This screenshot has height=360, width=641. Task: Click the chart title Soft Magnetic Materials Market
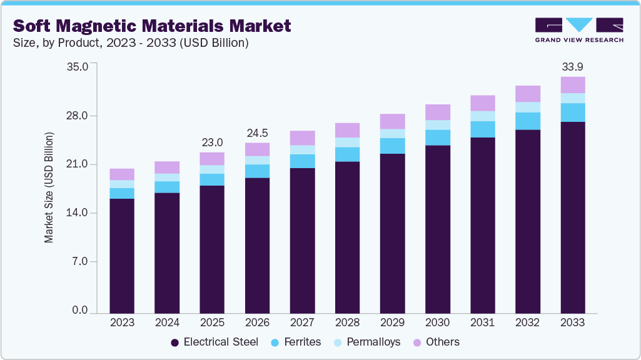click(152, 26)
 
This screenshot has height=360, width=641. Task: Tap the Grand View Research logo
click(578, 30)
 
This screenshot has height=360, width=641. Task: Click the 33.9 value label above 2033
click(572, 66)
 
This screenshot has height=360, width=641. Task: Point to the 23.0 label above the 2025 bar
click(212, 142)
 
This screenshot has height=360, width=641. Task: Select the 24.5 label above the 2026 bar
click(257, 132)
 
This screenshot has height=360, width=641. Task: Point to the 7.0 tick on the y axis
click(81, 262)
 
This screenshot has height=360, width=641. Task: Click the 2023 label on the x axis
click(122, 322)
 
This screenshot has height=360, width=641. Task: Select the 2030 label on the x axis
click(437, 322)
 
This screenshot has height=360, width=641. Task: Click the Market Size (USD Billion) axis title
click(49, 187)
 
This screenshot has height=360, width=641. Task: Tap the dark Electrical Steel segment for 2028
click(347, 237)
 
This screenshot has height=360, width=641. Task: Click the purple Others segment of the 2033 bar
click(572, 85)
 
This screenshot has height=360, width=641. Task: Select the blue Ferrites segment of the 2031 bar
click(482, 129)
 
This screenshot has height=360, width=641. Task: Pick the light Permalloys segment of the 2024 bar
click(167, 177)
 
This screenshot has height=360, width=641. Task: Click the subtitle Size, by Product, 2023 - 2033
click(131, 43)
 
